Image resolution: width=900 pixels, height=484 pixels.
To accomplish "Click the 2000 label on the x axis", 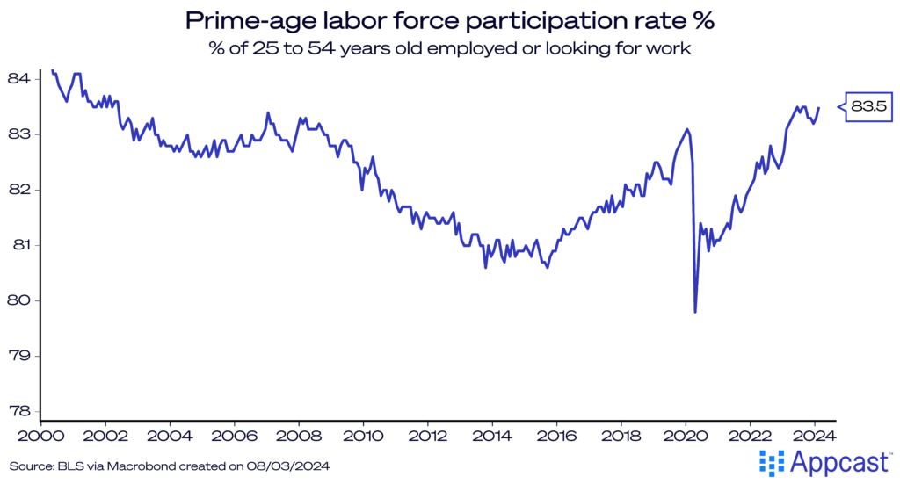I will [41, 435].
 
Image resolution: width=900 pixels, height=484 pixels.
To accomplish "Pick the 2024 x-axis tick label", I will [815, 435].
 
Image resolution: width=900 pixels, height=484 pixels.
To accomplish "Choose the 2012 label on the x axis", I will [428, 435].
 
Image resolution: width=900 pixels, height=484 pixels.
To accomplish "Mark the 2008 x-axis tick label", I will [299, 435].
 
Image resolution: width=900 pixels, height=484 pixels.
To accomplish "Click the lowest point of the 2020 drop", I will [695, 311].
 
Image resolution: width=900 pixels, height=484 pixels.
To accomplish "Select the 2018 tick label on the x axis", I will [621, 435].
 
